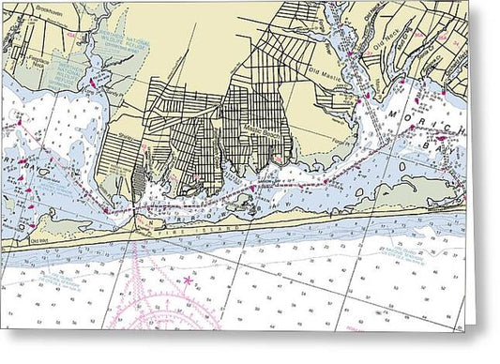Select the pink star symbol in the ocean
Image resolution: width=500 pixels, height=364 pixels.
pyautogui.click(x=187, y=279)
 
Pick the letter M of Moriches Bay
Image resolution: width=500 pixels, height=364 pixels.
pyautogui.click(x=391, y=113)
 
